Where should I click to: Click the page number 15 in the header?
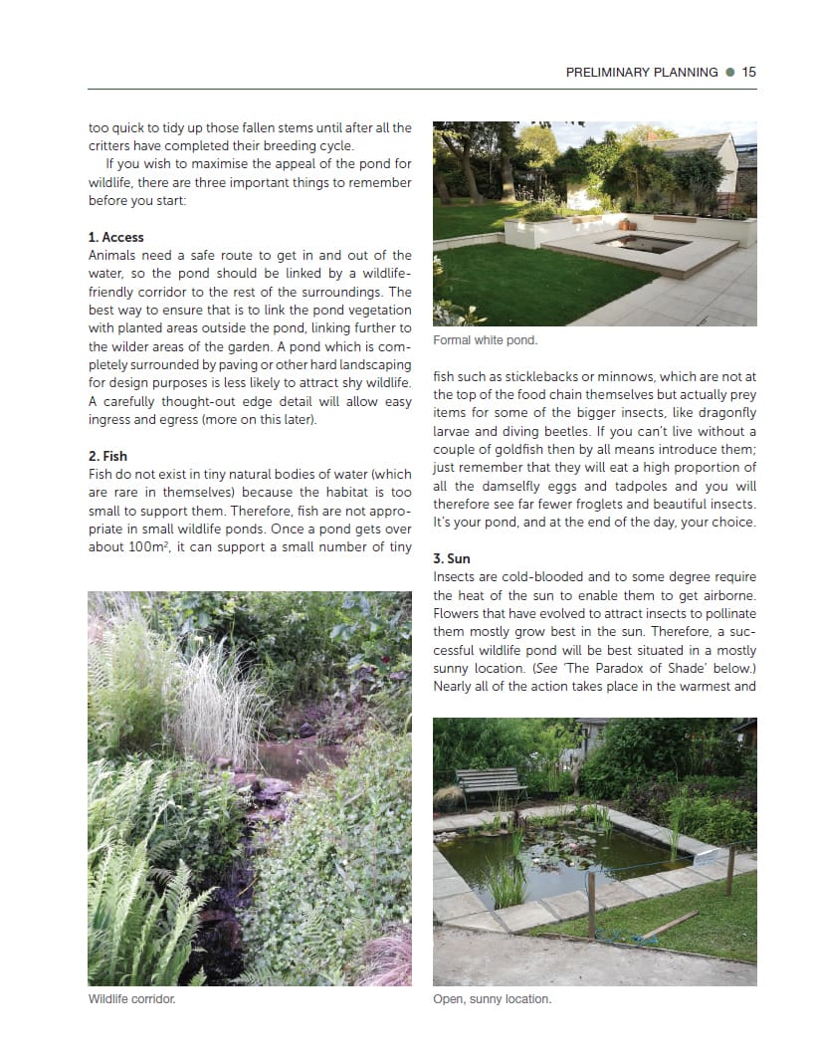pyautogui.click(x=748, y=72)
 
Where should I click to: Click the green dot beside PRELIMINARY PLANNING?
pyautogui.click(x=730, y=72)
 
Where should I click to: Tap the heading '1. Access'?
pyautogui.click(x=115, y=237)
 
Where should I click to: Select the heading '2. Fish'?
pyautogui.click(x=107, y=456)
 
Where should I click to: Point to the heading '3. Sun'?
pyautogui.click(x=451, y=558)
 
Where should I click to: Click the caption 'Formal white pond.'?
pyautogui.click(x=485, y=340)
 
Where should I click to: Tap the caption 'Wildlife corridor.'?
pyautogui.click(x=131, y=998)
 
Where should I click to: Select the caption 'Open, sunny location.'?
pyautogui.click(x=492, y=998)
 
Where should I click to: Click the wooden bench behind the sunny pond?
pyautogui.click(x=491, y=782)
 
